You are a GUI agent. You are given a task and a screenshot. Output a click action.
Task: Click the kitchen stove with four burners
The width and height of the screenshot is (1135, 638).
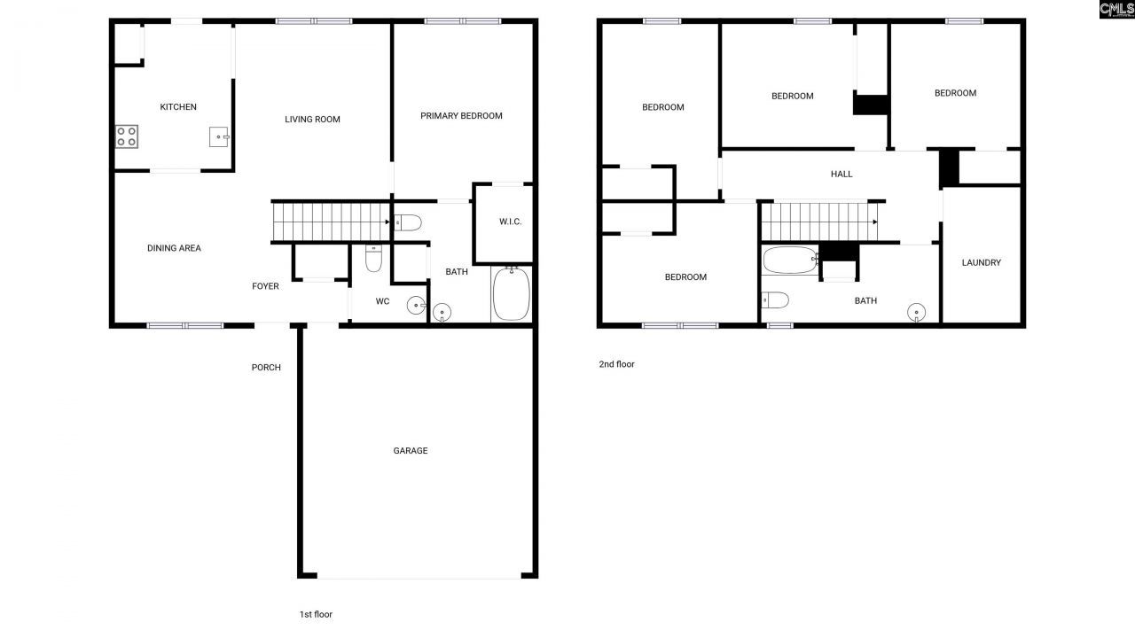[127, 136]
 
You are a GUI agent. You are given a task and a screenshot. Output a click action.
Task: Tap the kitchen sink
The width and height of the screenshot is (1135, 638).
[219, 137]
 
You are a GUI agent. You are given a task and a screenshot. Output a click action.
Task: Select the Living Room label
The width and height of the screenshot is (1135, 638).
[312, 120]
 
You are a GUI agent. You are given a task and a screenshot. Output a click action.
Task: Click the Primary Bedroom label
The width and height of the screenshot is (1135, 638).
[461, 116]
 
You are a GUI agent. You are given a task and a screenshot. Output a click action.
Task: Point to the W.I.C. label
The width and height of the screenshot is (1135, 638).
[510, 222]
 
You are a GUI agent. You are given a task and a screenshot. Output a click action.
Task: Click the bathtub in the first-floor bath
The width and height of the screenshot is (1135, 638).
[511, 294]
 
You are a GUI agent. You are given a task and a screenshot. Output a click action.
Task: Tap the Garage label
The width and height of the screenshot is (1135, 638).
[411, 451]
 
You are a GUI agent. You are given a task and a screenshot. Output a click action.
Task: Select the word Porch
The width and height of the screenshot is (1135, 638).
[266, 368]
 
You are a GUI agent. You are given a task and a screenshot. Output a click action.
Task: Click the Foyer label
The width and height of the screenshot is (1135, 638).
[265, 286]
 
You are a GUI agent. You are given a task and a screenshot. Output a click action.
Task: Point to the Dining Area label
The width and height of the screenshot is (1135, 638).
[174, 248]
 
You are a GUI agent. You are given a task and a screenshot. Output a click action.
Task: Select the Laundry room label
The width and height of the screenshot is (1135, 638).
[982, 262]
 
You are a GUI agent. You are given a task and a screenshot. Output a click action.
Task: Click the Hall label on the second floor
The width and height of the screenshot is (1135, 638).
[841, 175]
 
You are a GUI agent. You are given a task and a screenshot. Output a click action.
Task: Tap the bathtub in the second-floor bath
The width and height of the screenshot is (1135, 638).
[790, 261]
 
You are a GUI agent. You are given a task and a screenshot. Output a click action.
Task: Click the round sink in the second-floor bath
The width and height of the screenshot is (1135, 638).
[916, 311]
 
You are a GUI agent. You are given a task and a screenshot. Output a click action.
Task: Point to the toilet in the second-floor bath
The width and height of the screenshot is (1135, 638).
[774, 300]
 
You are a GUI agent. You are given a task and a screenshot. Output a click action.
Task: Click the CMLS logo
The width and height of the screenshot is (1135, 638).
[1116, 10]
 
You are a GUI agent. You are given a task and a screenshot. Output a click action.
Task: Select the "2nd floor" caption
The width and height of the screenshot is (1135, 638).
[616, 364]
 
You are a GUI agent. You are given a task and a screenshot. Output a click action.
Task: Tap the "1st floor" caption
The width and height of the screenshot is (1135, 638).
[316, 614]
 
